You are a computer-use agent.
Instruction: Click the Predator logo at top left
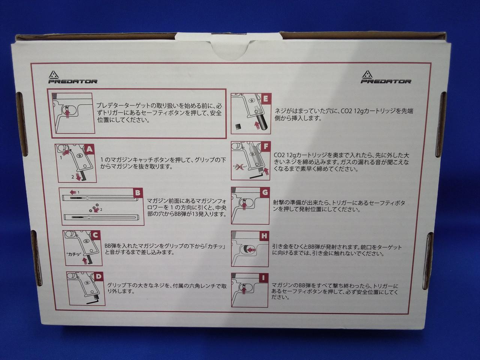[x=73, y=77]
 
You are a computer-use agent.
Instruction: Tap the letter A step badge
[x=90, y=150]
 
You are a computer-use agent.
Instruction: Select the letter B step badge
[x=137, y=193]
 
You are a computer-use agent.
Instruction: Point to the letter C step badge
[x=95, y=235]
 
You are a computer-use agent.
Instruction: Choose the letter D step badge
[x=98, y=276]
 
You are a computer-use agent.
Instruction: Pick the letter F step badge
[x=265, y=147]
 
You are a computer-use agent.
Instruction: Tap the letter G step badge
[x=265, y=192]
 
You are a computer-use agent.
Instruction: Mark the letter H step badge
[x=264, y=236]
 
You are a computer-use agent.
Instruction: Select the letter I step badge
[x=263, y=278]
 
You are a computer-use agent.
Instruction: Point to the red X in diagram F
[x=241, y=167]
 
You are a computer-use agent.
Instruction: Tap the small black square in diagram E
[x=238, y=126]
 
